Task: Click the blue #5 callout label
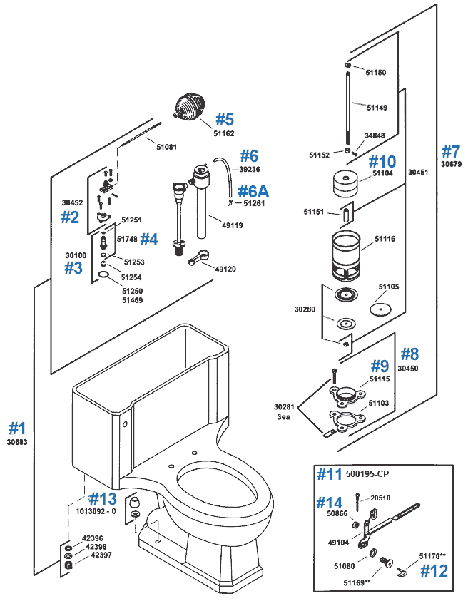[225, 118]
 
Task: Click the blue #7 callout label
[451, 151]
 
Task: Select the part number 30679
[451, 164]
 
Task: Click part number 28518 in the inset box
[379, 498]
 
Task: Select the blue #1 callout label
[17, 428]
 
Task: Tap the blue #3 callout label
[73, 268]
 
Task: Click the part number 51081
[167, 147]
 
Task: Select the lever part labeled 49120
[199, 261]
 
